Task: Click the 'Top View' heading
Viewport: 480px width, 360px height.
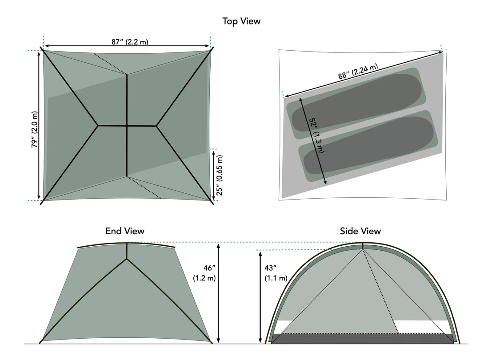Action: pyautogui.click(x=241, y=21)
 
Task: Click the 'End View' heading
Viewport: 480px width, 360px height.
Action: pyautogui.click(x=124, y=231)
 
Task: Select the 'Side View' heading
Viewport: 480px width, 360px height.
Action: pyautogui.click(x=360, y=231)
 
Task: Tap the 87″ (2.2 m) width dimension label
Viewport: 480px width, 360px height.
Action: pyautogui.click(x=130, y=42)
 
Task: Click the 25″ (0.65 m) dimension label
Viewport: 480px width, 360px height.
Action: pyautogui.click(x=220, y=175)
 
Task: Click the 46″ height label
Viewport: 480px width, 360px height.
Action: pyautogui.click(x=204, y=272)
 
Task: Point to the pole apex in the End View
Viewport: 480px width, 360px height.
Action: pyautogui.click(x=127, y=258)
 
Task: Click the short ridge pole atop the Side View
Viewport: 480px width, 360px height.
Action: pyautogui.click(x=363, y=246)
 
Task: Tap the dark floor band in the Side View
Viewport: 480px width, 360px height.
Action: pyautogui.click(x=362, y=339)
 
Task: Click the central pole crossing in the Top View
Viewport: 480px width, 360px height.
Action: pyautogui.click(x=127, y=126)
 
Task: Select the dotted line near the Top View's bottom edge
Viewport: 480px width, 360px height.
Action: pyautogui.click(x=144, y=187)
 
